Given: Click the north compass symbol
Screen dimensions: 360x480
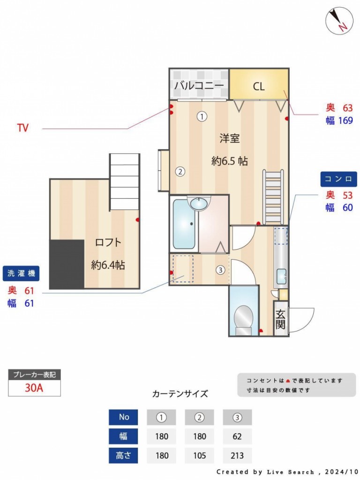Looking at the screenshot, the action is tap(339, 20).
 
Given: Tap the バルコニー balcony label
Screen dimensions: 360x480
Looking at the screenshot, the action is tap(199, 85).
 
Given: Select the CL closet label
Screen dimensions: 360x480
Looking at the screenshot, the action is tap(259, 87).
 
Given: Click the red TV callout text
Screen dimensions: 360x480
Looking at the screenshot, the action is tap(22, 127).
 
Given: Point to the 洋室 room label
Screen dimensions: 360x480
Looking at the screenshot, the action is tap(229, 138).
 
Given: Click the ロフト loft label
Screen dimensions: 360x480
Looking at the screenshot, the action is tap(108, 242).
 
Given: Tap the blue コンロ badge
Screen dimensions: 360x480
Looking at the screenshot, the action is tap(338, 179).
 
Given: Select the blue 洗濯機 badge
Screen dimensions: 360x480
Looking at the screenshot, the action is tap(21, 273).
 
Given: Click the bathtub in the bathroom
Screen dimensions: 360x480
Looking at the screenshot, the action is tap(184, 224).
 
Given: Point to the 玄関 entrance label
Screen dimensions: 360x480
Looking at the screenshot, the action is tap(280, 319).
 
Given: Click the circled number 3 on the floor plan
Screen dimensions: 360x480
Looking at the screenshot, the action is tap(220, 270).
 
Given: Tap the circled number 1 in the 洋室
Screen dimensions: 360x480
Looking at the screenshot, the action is tap(202, 116).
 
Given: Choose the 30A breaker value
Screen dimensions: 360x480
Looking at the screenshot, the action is tap(34, 388).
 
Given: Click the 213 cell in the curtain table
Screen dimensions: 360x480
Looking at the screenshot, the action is tap(237, 456).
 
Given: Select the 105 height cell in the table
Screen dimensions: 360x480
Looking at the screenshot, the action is tap(199, 456).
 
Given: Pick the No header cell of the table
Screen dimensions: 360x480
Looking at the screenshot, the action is tap(123, 417).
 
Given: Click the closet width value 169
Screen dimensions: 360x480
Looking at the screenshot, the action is tap(345, 120).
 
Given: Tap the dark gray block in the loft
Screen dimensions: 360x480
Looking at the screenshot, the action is tap(67, 264).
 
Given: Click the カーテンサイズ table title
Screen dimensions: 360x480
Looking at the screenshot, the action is tap(180, 393).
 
